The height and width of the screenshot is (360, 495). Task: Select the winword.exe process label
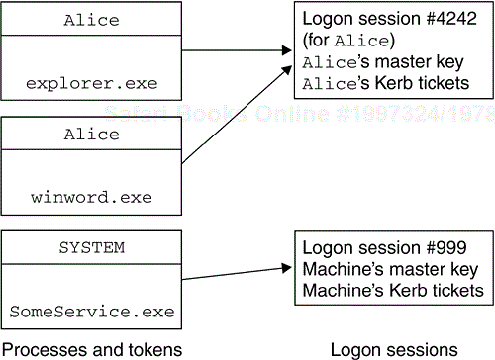coord(89,197)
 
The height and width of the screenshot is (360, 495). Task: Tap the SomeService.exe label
coord(91,313)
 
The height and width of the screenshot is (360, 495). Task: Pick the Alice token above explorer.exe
coord(91,20)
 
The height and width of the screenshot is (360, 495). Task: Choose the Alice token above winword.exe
coord(91,135)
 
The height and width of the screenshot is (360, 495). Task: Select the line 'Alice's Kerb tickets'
coord(385,83)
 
